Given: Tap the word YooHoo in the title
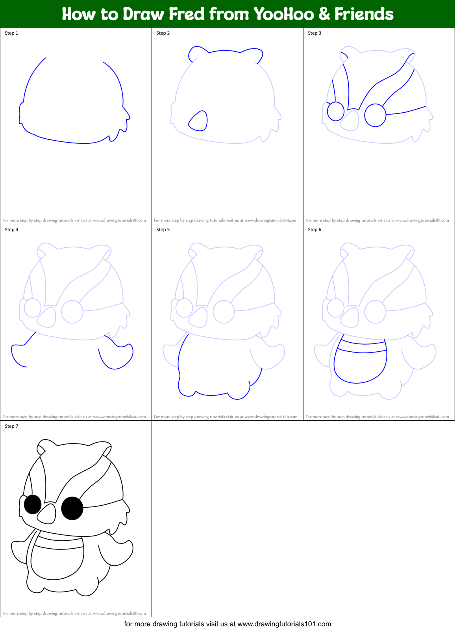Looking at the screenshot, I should point(283,14).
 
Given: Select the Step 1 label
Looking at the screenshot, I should point(11,33).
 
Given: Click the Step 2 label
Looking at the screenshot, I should point(163,33).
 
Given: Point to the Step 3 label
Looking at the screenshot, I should point(314,33).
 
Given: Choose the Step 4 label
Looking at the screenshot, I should point(11,230).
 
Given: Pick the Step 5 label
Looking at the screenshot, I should point(163,230).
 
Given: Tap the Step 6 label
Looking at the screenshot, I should point(314,230).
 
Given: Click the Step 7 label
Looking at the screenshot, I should point(11,426).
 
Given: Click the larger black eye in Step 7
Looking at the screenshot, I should point(72,508).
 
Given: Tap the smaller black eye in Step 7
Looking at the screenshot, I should point(33,504).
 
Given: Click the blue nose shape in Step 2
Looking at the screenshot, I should point(199,121).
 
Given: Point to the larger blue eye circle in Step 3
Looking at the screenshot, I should point(375,115).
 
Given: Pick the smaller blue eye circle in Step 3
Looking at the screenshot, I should point(336,111).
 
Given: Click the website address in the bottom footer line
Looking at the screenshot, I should point(284,624).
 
